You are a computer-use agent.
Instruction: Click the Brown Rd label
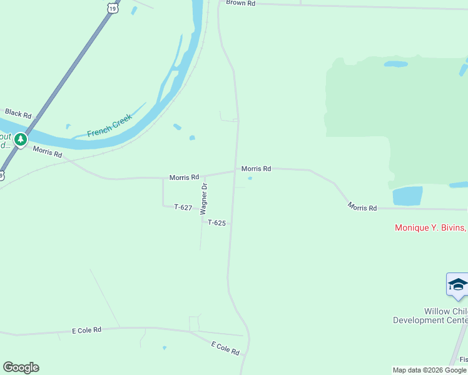[241, 3]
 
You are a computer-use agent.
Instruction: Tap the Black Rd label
[18, 113]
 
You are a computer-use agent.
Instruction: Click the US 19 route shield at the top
[112, 6]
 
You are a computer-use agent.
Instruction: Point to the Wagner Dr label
[203, 199]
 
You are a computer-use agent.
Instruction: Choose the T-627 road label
[183, 207]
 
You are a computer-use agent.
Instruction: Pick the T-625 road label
[216, 222]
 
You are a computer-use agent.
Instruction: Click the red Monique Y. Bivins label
[430, 227]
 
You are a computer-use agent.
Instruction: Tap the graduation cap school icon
[457, 284]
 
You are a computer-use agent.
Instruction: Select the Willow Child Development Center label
[430, 316]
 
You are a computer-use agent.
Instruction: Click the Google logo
[21, 367]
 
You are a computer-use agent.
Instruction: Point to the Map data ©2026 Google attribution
[429, 370]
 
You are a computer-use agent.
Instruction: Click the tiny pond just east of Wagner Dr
[250, 178]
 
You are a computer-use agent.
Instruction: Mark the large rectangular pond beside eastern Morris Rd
[407, 196]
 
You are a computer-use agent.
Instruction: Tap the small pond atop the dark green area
[395, 64]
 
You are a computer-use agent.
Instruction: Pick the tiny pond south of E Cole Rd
[165, 347]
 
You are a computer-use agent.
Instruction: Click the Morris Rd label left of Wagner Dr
[184, 177]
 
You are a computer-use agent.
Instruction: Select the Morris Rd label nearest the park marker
[48, 152]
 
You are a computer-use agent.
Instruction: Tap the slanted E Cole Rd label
[225, 348]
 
